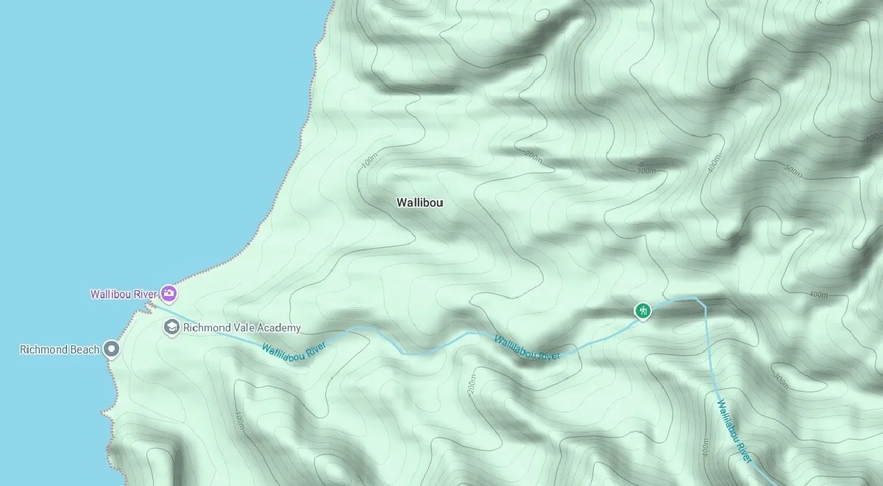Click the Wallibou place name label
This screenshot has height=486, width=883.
pos(419,202)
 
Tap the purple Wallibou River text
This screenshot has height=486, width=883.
pos(123,295)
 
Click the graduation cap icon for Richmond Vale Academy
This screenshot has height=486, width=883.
pos(172,328)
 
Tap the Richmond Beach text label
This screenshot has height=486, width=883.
pos(59,349)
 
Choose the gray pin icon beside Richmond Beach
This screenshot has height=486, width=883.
pos(111,349)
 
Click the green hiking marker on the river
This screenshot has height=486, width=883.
pos(643,311)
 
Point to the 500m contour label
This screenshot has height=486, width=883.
pos(794,170)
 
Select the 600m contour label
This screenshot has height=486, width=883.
pos(874,137)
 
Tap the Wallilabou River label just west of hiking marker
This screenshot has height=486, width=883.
pos(527,348)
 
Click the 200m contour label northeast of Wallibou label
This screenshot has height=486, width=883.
pos(533,156)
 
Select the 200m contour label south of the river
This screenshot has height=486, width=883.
pos(472,384)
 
